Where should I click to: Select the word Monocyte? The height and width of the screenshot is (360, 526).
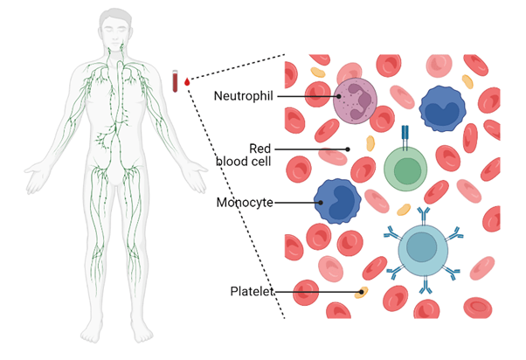click(244, 203)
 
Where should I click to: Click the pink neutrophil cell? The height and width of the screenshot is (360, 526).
click(355, 101)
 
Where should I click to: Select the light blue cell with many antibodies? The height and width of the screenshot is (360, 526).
click(423, 248)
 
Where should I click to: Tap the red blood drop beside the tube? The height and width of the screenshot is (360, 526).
click(187, 84)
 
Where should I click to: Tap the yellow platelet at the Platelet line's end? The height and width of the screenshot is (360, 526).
click(363, 292)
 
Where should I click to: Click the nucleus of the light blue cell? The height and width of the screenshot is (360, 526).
click(423, 247)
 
